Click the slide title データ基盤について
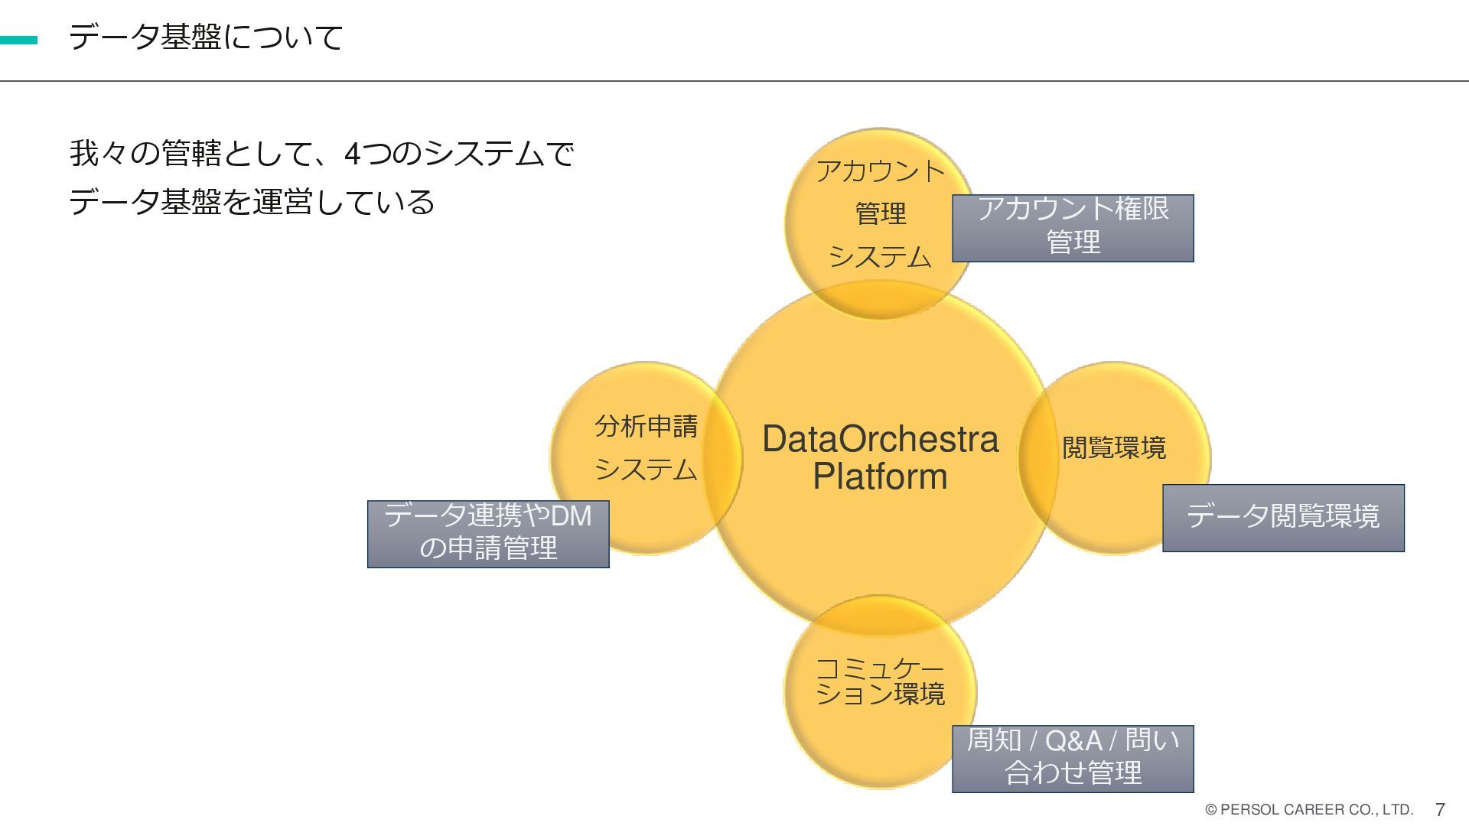tap(206, 37)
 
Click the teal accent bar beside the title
tap(18, 40)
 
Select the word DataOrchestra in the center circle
tap(880, 440)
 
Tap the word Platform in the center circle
tap(880, 476)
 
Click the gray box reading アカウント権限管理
tap(1073, 227)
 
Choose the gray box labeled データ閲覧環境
tap(1283, 517)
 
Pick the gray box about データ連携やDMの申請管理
tap(488, 533)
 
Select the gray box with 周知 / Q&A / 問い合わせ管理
tap(1073, 758)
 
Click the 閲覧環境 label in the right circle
tap(1114, 447)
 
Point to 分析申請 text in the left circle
tap(647, 426)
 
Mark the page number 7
tap(1440, 809)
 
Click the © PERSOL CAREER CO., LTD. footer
tap(1308, 809)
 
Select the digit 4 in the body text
tap(352, 154)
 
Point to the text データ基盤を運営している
tap(252, 202)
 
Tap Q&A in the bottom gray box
tap(1073, 740)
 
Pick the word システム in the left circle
tap(647, 469)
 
